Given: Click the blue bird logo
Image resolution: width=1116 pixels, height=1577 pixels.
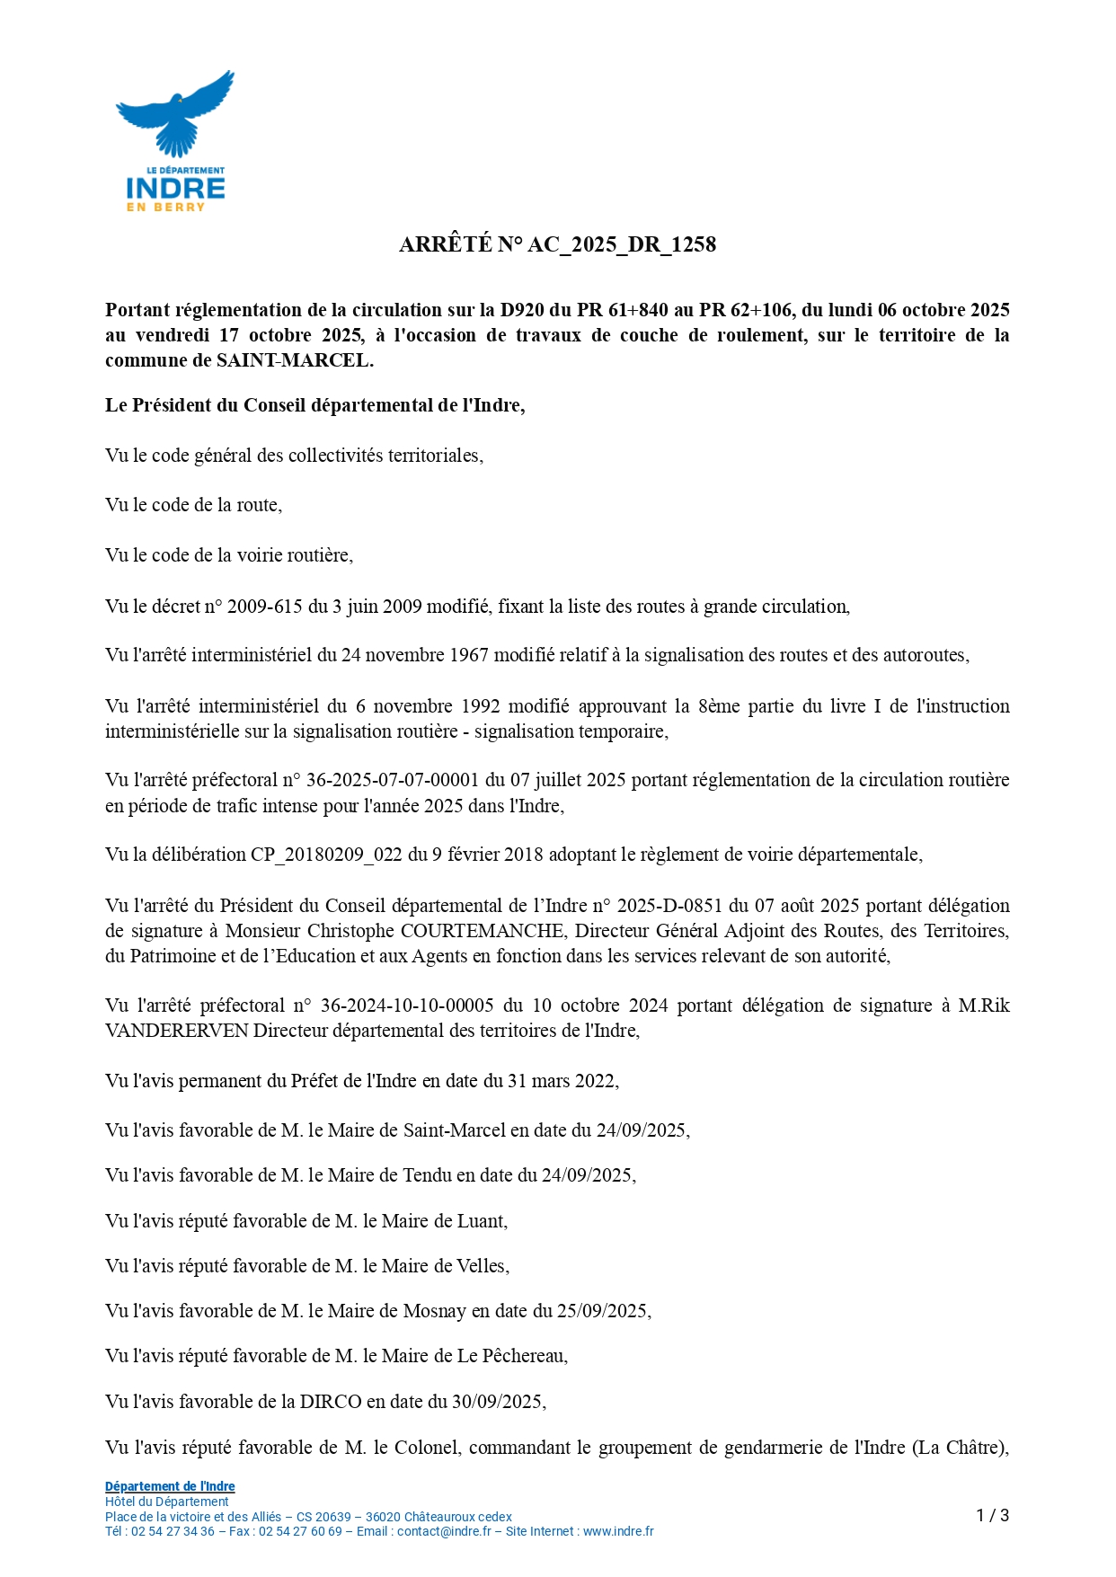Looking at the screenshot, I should coord(175,112).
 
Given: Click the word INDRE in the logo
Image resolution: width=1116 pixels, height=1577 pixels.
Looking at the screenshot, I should coord(175,188).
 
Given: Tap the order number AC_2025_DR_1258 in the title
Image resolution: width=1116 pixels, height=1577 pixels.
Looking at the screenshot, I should coord(622,244).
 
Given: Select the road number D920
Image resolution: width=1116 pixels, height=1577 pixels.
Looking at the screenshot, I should coord(521,310).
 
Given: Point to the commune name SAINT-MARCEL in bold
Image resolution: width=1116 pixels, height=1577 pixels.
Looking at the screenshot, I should coord(293,360).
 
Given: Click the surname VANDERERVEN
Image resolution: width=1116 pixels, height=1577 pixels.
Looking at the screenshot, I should coord(177,1031).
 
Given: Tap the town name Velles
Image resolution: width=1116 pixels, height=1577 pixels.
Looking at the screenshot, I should coord(482,1266).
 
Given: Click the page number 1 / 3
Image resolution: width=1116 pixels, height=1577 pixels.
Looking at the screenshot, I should coord(992,1516).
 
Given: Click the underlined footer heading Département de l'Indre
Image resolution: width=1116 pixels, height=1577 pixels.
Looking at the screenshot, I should coord(170,1486).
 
